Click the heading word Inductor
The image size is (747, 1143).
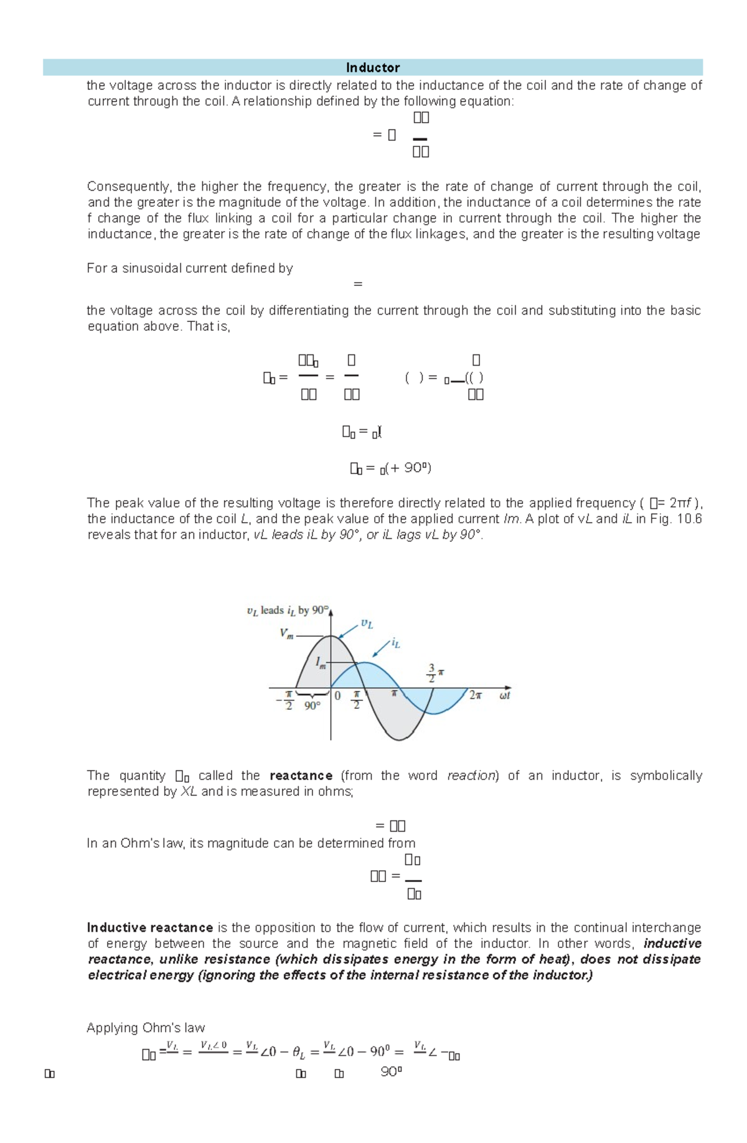click(x=372, y=67)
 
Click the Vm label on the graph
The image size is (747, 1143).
click(x=286, y=634)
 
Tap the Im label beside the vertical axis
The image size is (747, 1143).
click(x=321, y=663)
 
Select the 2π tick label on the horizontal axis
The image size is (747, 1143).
click(x=475, y=695)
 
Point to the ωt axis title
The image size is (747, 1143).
click(x=504, y=695)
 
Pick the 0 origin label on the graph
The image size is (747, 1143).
click(x=337, y=696)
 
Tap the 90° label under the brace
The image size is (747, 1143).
click(x=312, y=706)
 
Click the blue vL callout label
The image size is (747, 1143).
click(x=367, y=624)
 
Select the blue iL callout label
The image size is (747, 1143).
click(x=395, y=643)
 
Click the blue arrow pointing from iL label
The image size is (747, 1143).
click(x=380, y=650)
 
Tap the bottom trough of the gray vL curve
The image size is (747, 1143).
click(x=398, y=739)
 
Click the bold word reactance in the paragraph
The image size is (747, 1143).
click(x=301, y=775)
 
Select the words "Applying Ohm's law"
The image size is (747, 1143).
click(x=146, y=1028)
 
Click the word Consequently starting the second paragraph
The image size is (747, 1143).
click(x=129, y=186)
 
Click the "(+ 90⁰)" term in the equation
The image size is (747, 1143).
click(x=408, y=468)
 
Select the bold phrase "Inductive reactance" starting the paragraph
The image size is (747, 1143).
click(x=150, y=927)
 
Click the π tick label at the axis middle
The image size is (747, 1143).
click(x=393, y=693)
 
